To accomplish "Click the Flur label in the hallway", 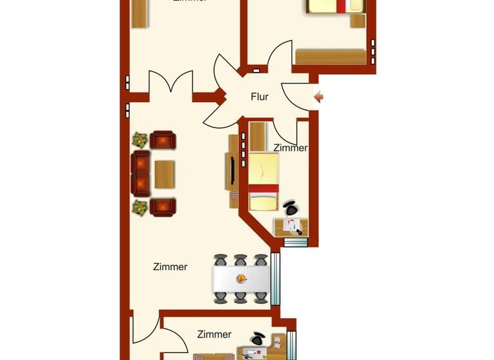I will [259, 97].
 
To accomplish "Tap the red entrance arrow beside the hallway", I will [318, 97].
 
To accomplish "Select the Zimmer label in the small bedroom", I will [290, 148].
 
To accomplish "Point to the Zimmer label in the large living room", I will [170, 267].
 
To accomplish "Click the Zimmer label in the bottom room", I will [214, 334].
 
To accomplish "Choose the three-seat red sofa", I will [140, 174].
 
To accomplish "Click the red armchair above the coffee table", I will [163, 139].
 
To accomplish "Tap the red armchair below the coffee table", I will [163, 207].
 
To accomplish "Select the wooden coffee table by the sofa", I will [165, 174].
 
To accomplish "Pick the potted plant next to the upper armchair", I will [140, 139].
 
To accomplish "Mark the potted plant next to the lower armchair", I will [140, 208].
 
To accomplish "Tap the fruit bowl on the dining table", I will [241, 279].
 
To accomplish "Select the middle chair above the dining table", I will [241, 260].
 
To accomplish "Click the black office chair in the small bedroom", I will [291, 208].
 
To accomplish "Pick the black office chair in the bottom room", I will [259, 338].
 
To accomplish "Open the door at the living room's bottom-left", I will [145, 328].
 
